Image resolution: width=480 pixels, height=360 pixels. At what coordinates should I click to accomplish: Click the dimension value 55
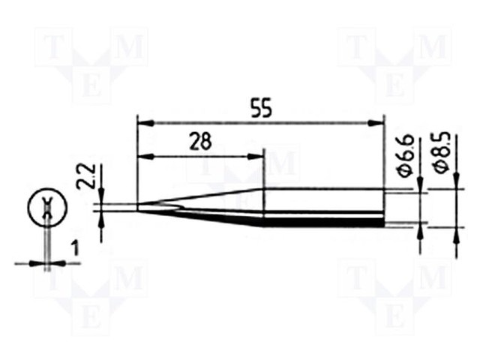[x=261, y=108]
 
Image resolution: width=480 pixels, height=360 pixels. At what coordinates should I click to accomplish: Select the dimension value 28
[x=200, y=142]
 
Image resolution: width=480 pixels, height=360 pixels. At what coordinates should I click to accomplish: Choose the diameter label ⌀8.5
[x=442, y=152]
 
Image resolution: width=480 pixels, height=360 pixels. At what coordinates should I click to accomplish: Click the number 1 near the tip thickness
[x=75, y=248]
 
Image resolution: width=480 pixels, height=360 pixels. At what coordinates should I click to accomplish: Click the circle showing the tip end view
[x=47, y=207]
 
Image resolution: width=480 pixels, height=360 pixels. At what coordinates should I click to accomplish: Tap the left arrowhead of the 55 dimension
[x=145, y=123]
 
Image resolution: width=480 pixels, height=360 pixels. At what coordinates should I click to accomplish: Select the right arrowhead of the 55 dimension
[x=376, y=123]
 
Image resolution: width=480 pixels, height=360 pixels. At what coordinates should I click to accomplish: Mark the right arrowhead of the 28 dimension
[x=256, y=157]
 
